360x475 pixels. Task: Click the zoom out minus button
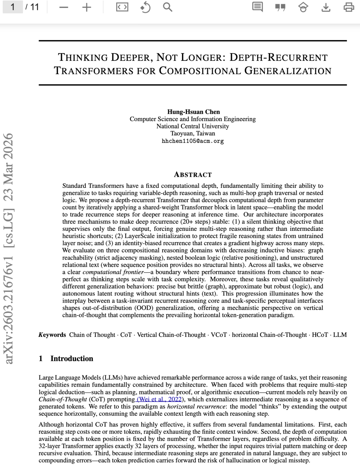64,7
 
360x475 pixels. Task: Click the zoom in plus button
86,7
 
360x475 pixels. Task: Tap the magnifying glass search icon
167,7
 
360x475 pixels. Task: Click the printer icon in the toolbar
349,7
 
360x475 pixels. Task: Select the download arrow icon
326,7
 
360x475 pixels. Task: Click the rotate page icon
145,7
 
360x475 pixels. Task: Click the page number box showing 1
12,7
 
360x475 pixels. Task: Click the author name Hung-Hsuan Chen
193,112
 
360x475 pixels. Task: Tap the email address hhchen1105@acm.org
193,141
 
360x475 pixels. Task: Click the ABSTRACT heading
193,175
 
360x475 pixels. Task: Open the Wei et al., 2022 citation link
159,399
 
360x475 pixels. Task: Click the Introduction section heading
72,359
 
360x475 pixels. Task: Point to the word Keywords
52,335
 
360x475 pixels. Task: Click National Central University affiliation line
193,126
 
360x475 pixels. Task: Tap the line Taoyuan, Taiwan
193,133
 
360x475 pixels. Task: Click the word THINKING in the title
83,57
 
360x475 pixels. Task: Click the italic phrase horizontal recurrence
197,407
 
